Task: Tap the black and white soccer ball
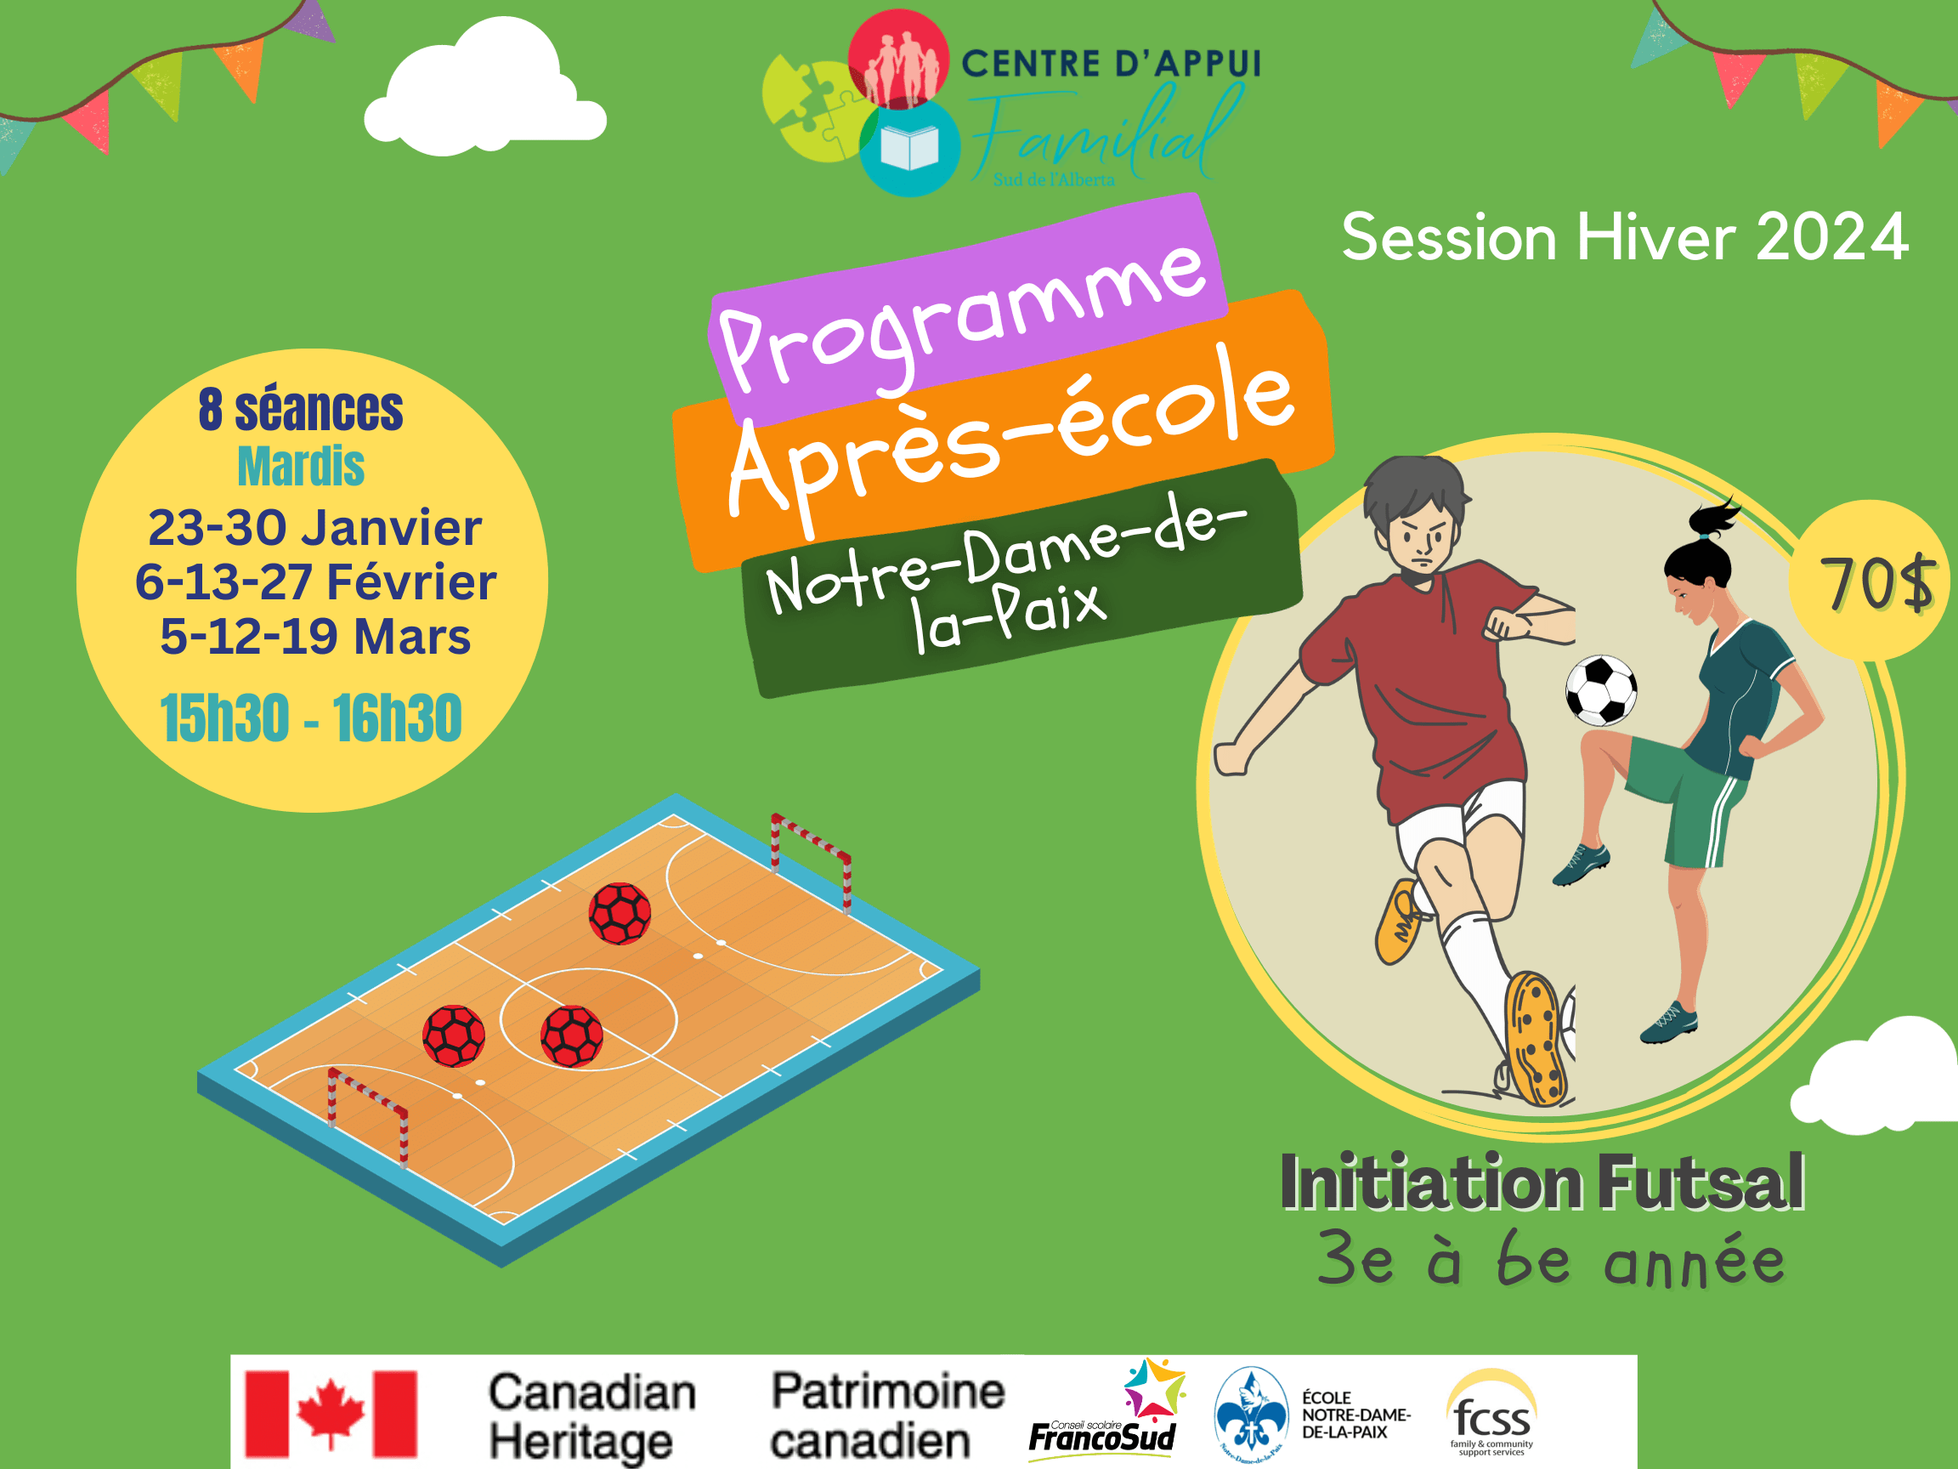pos(1600,690)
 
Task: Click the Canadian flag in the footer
pos(331,1414)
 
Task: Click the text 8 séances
pos(301,409)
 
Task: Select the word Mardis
pos(301,466)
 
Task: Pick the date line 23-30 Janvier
pos(315,528)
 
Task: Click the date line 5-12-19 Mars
pos(315,637)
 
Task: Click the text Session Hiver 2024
pos(1624,237)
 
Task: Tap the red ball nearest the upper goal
pos(620,914)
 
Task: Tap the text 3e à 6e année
pos(1551,1258)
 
